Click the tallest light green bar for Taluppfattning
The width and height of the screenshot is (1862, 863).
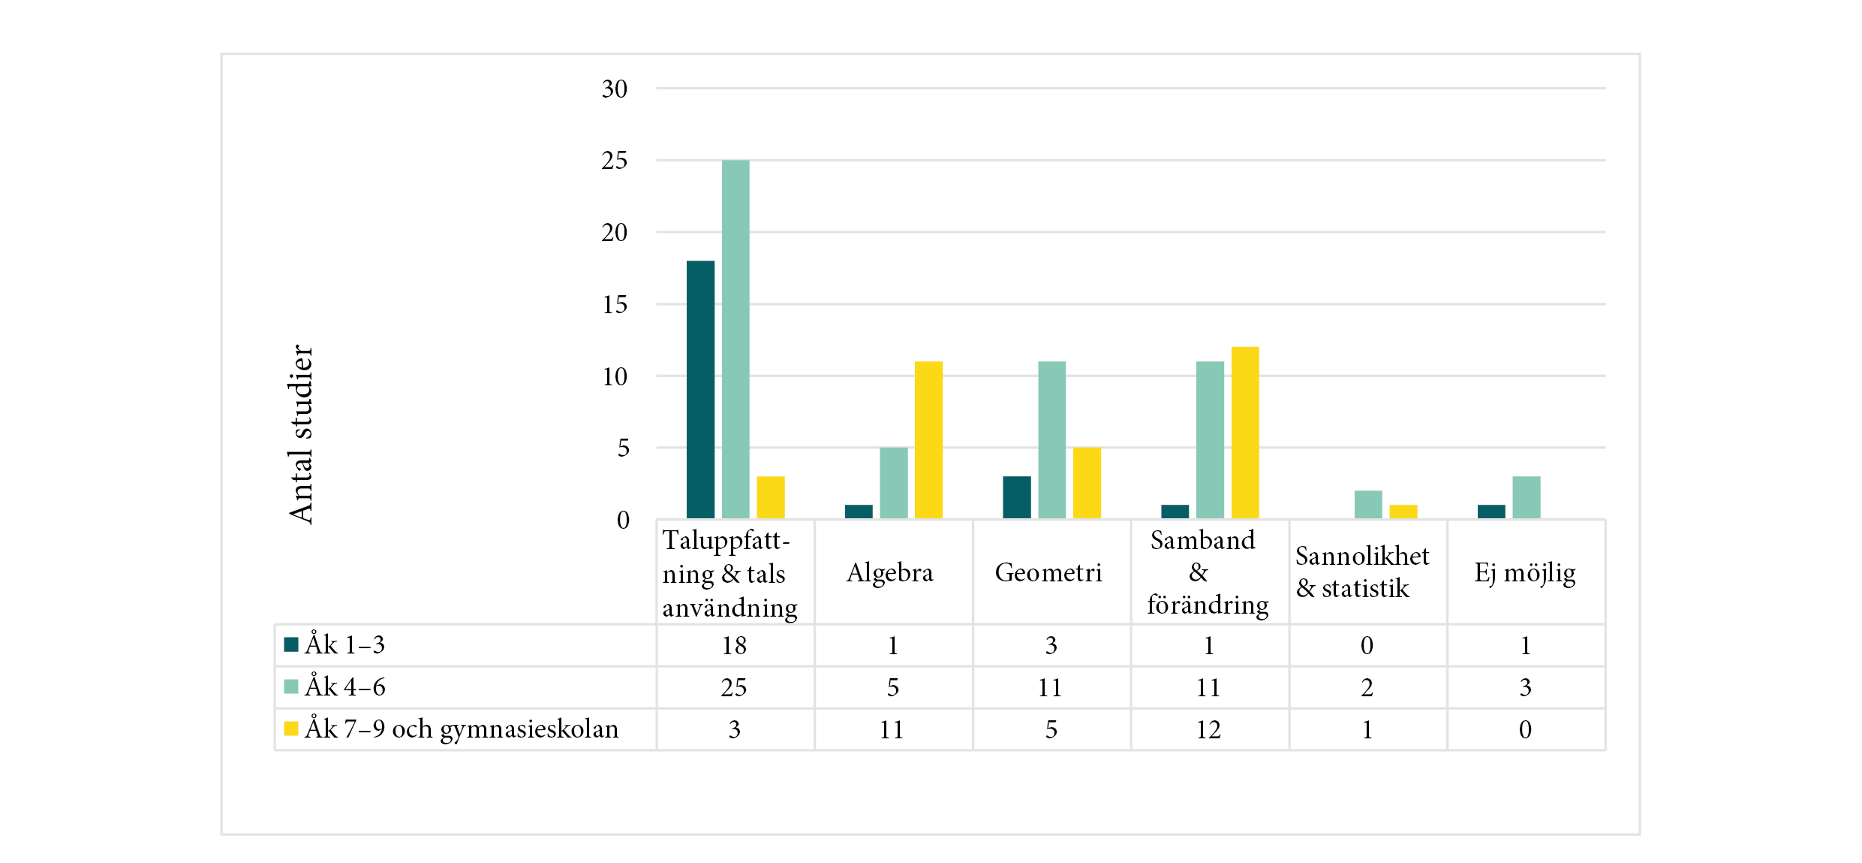(x=735, y=338)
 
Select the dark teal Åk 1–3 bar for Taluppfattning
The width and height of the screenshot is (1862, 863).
(x=700, y=389)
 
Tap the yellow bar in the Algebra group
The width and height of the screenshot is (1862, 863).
(x=928, y=439)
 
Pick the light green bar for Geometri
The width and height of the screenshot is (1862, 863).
(x=1051, y=439)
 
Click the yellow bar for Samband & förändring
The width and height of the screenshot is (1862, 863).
(x=1244, y=432)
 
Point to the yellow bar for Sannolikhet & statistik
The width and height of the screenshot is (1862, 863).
(x=1403, y=511)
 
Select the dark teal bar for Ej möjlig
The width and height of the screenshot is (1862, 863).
(x=1491, y=511)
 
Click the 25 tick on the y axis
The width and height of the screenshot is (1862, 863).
(x=614, y=161)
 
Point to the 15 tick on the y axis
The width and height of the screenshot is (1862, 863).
(x=614, y=305)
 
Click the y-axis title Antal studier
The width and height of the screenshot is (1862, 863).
(x=300, y=434)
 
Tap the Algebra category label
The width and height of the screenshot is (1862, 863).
(x=890, y=572)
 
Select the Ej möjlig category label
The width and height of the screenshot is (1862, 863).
(x=1524, y=572)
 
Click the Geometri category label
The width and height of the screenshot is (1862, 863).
(x=1048, y=572)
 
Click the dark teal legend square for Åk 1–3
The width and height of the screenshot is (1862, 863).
(x=291, y=644)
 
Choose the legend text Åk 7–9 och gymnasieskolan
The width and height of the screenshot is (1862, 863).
(x=462, y=729)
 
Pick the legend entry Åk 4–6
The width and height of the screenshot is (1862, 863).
(x=344, y=686)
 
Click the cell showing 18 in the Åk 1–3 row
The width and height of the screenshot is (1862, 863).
(x=734, y=645)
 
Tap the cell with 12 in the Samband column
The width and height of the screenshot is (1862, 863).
(x=1208, y=729)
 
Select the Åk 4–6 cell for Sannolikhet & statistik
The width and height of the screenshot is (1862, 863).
(x=1367, y=687)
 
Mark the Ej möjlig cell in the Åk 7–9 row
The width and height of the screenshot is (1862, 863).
(x=1525, y=729)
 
